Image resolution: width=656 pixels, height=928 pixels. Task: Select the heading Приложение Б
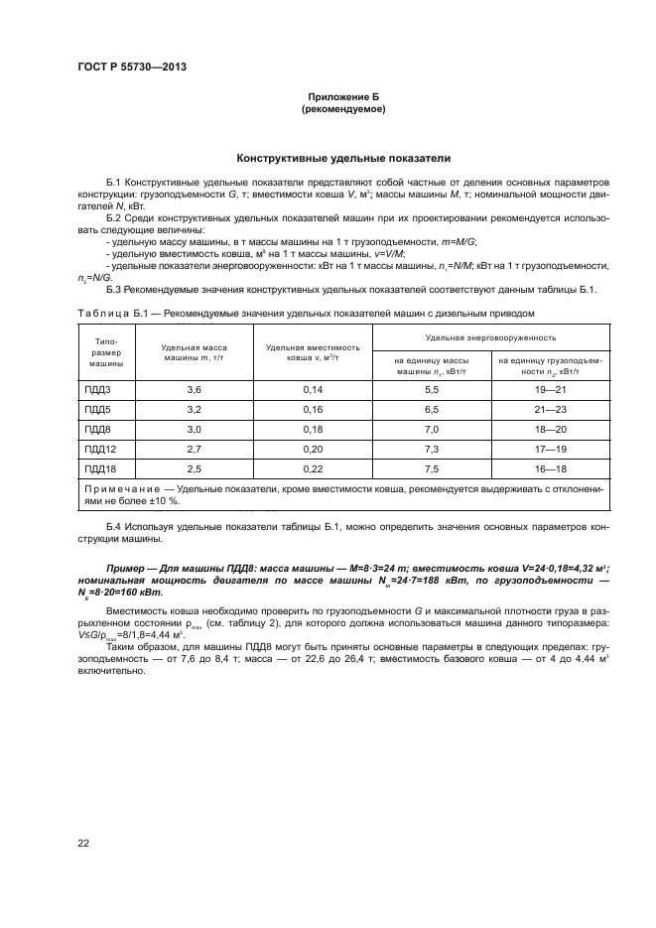(x=341, y=97)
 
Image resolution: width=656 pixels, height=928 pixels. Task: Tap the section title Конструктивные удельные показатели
(x=341, y=158)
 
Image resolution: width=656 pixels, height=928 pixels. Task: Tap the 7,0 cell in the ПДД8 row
(x=431, y=429)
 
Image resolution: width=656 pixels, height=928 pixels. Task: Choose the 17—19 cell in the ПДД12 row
(x=550, y=449)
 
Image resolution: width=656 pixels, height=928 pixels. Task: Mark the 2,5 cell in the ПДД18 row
(x=194, y=468)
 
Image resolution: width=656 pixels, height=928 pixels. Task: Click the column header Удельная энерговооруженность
(x=490, y=337)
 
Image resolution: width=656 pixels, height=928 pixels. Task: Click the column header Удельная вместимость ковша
(x=313, y=351)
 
